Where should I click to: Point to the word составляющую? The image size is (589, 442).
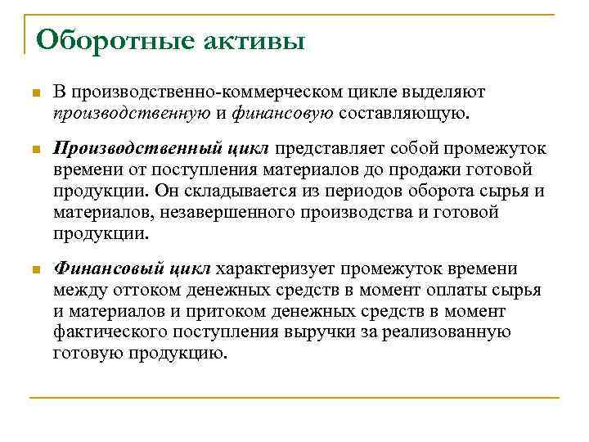coord(403,112)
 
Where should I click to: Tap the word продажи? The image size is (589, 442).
coord(416,169)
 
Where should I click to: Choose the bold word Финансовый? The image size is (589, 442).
coord(109,269)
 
